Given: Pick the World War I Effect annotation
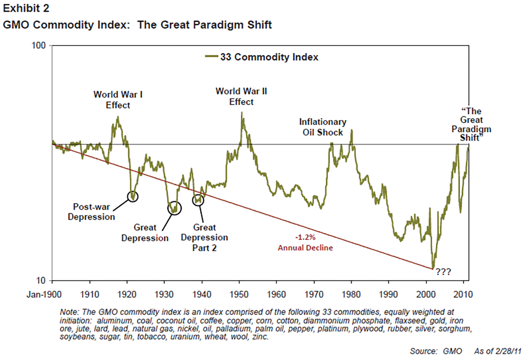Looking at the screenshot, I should [x=118, y=100].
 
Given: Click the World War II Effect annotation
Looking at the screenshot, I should [x=241, y=96].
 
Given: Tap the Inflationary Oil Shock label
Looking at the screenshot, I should [x=323, y=127].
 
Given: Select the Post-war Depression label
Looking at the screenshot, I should [x=92, y=212].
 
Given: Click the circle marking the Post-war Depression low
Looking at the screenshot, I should [x=133, y=196].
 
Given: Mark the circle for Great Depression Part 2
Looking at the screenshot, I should [x=198, y=200].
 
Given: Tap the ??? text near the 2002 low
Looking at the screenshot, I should [x=443, y=271].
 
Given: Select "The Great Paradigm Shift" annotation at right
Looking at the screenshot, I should [x=471, y=125].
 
